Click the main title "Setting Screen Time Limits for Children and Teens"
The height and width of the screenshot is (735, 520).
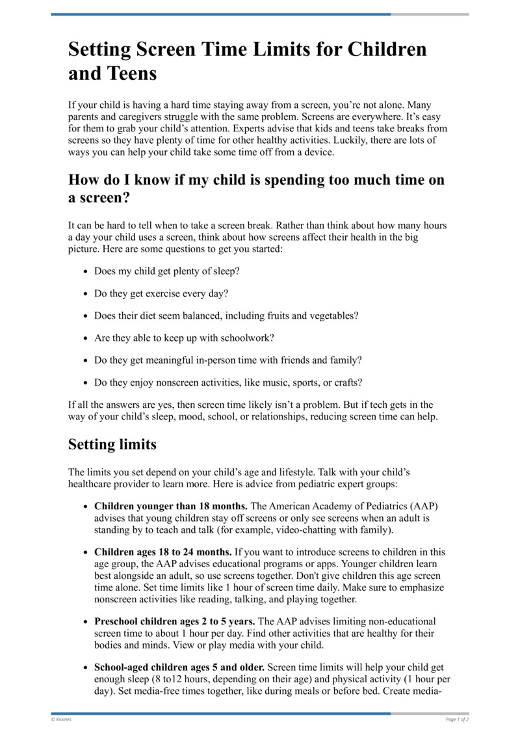[x=248, y=60]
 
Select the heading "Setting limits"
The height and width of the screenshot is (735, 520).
[x=112, y=445]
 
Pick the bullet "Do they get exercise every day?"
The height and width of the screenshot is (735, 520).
[x=161, y=293]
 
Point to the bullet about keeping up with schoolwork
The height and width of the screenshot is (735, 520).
[x=184, y=338]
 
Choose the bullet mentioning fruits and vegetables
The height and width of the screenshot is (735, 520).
[x=226, y=315]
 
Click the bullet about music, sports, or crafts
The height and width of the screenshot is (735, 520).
[x=229, y=382]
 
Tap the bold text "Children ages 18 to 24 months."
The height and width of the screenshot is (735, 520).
[x=163, y=552]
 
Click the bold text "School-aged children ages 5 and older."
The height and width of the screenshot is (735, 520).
[x=179, y=667]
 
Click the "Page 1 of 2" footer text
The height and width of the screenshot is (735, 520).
[x=457, y=719]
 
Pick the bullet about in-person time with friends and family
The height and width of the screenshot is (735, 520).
[x=227, y=360]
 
